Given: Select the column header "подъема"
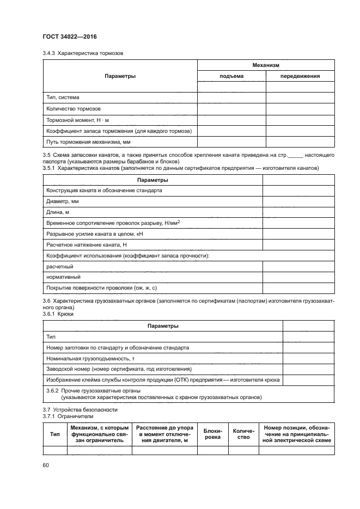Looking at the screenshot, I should pyautogui.click(x=231, y=76).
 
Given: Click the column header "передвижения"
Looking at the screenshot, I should pyautogui.click(x=300, y=76).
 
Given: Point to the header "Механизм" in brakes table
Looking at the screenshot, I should pyautogui.click(x=265, y=65).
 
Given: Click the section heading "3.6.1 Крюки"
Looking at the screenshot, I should pyautogui.click(x=58, y=314).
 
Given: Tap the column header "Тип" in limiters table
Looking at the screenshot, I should pyautogui.click(x=54, y=434).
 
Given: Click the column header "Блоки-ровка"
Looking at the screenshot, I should pyautogui.click(x=212, y=434).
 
